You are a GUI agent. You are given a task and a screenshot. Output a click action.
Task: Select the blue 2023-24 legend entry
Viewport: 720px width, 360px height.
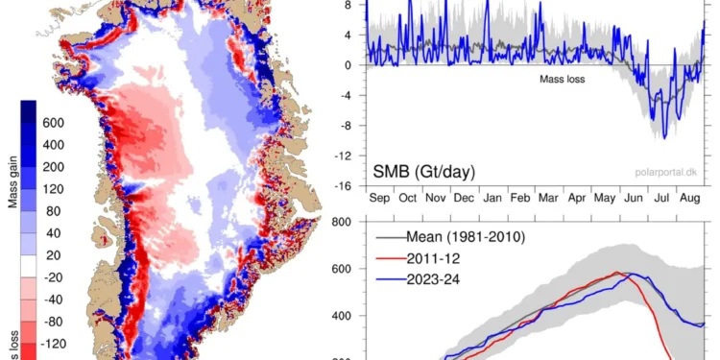pyautogui.click(x=419, y=279)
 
